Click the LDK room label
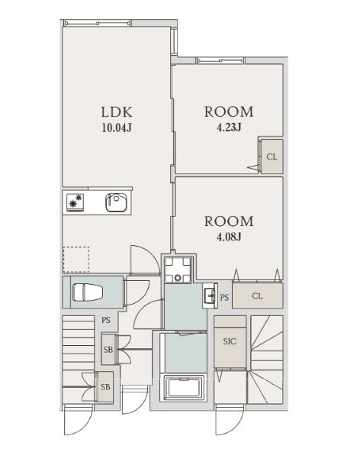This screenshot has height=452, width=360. (x=117, y=111)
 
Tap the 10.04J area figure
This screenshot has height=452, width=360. (x=117, y=128)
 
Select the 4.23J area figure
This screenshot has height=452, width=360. (x=229, y=127)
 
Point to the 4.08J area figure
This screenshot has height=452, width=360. (x=229, y=237)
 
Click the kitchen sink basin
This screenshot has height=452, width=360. (x=117, y=202)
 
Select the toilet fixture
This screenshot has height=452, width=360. (x=87, y=292)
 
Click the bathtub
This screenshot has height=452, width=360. (x=184, y=388)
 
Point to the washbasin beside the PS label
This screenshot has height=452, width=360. (x=210, y=295)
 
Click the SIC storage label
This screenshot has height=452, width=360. (x=230, y=341)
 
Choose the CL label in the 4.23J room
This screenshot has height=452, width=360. (x=272, y=157)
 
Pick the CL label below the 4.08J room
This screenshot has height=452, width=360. (x=257, y=295)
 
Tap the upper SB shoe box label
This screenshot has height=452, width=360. (x=108, y=350)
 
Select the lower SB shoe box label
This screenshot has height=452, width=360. (x=105, y=387)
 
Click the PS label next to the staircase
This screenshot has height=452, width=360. (x=106, y=320)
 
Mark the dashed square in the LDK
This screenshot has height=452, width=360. (x=76, y=260)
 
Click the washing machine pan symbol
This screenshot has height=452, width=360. (x=178, y=270)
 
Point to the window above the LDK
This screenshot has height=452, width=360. (x=97, y=23)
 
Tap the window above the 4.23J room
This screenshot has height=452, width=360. (x=220, y=60)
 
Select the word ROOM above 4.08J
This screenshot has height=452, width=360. (x=229, y=221)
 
